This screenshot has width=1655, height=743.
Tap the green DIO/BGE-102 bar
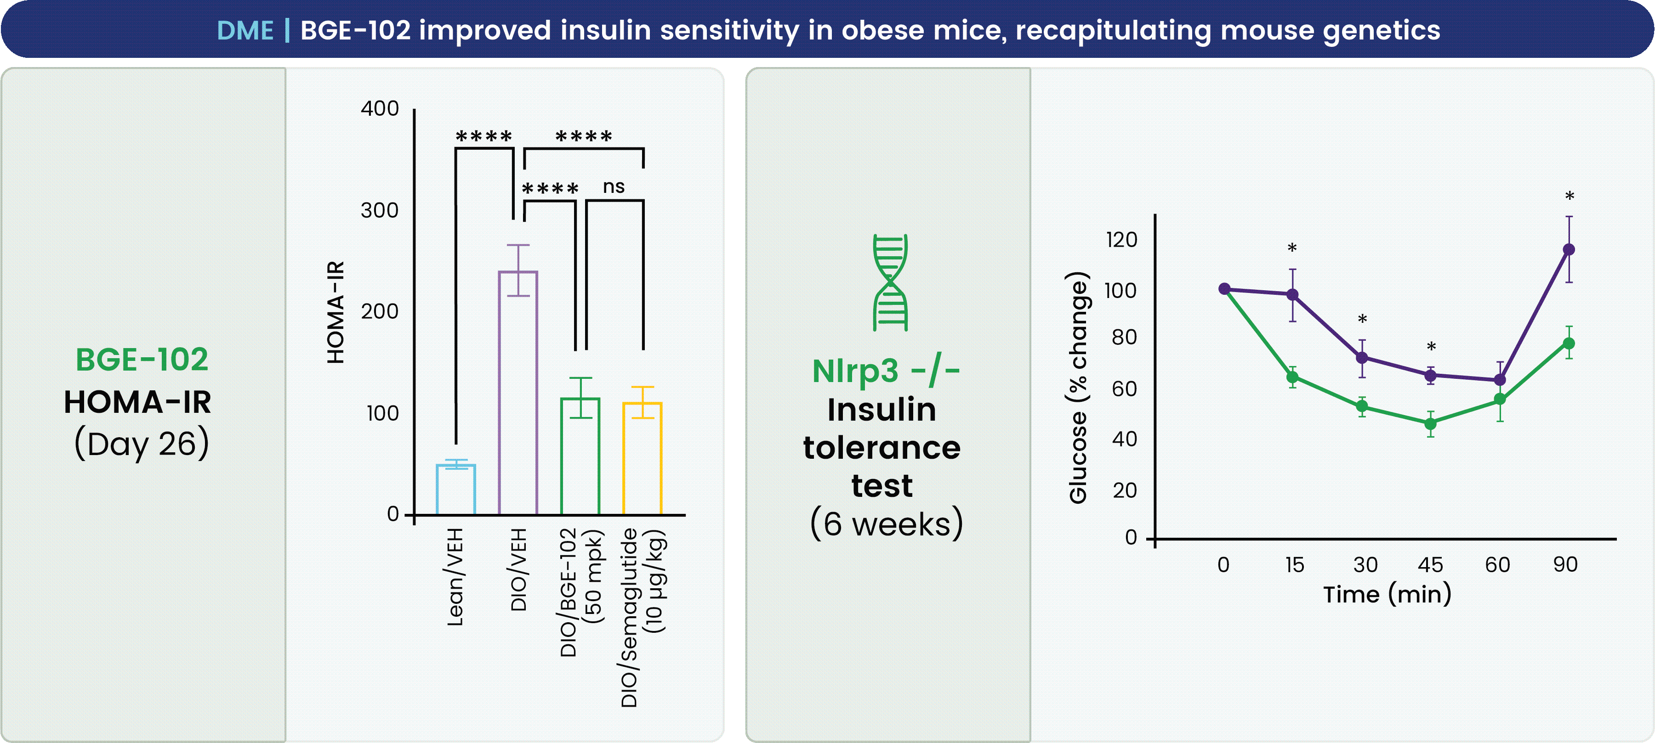580,456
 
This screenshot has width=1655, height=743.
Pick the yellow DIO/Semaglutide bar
642,458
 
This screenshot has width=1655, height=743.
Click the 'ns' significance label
614,187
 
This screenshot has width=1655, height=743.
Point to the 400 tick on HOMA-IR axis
380,108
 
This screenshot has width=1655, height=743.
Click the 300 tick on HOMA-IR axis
380,210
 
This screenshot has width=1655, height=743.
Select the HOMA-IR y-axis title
336,312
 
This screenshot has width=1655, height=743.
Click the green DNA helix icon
890,282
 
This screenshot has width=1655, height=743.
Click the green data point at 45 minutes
1430,424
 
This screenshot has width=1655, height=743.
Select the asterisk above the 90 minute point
1569,197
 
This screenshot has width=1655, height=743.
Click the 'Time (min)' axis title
1387,594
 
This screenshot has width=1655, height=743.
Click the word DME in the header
245,30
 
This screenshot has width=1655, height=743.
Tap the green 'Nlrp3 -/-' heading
885,371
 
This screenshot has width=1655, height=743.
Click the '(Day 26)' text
142,444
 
